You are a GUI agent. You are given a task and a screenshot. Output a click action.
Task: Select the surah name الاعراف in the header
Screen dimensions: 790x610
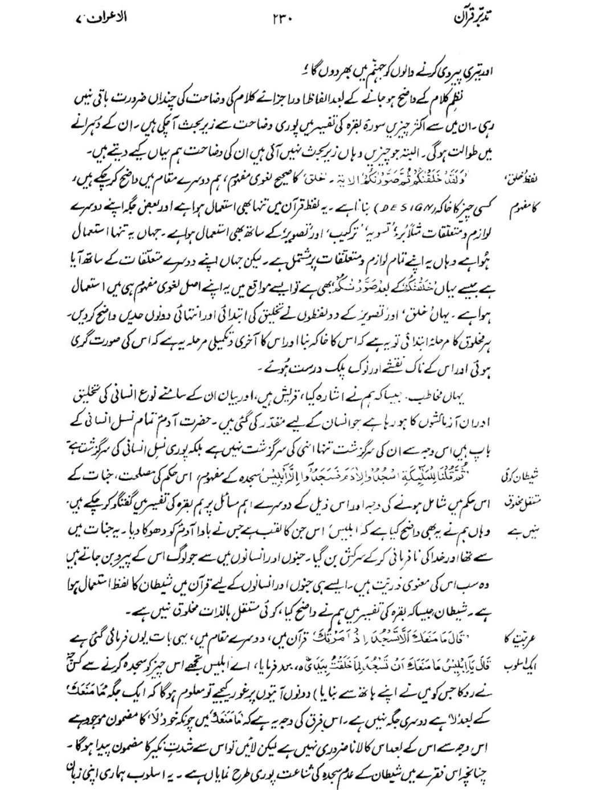click(105, 18)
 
